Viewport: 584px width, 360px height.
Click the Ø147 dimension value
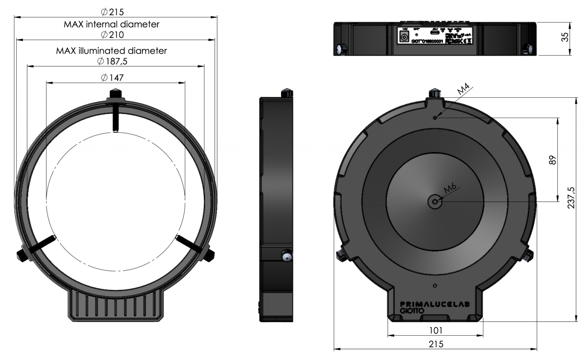113,78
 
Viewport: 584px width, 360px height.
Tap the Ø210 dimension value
113,35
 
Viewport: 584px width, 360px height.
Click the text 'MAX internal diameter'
111,24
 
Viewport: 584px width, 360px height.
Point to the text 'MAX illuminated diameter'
111,51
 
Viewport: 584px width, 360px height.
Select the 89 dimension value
552,160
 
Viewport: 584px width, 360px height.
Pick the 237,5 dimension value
571,198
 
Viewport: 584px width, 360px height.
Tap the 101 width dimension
435,330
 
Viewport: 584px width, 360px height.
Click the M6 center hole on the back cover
435,201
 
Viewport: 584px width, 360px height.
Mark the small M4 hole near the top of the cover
435,117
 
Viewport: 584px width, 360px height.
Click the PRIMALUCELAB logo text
435,304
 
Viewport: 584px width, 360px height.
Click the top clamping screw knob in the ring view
115,94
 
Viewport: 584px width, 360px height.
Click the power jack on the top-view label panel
404,37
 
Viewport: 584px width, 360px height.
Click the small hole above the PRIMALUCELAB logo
435,285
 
